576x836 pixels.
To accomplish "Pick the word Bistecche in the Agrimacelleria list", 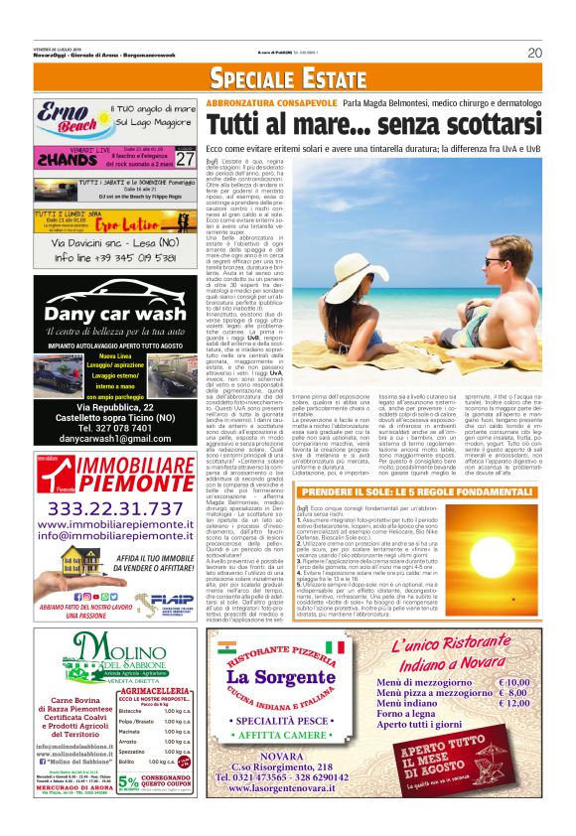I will tap(130, 711).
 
